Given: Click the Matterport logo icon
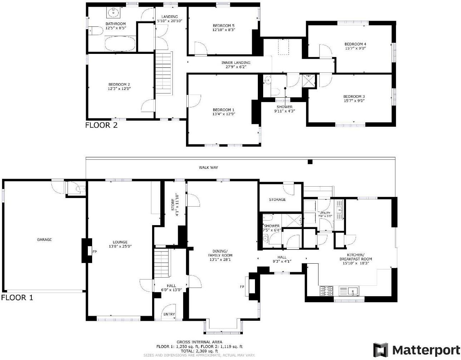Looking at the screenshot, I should click(x=381, y=350).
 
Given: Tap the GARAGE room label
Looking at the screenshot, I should click(x=44, y=239).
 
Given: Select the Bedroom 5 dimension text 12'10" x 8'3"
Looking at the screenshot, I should click(x=223, y=30).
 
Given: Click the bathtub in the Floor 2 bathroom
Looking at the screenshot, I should click(x=120, y=45).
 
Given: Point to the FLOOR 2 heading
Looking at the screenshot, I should click(x=101, y=125).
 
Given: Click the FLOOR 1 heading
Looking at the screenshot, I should click(x=17, y=298).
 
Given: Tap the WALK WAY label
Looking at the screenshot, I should click(x=208, y=167).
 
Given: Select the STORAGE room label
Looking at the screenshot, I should click(x=277, y=199).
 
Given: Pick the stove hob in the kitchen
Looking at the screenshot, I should click(x=326, y=291).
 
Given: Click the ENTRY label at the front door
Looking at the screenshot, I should click(x=169, y=314).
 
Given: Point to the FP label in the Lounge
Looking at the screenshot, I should click(x=95, y=252).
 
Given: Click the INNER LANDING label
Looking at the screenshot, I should click(x=236, y=63).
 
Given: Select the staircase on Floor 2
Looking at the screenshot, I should click(x=164, y=73).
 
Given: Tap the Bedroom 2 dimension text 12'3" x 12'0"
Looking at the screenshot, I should click(x=119, y=88).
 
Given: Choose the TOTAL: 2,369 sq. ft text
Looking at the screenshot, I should click(x=199, y=351).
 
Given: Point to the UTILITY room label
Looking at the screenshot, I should click(x=325, y=213).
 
